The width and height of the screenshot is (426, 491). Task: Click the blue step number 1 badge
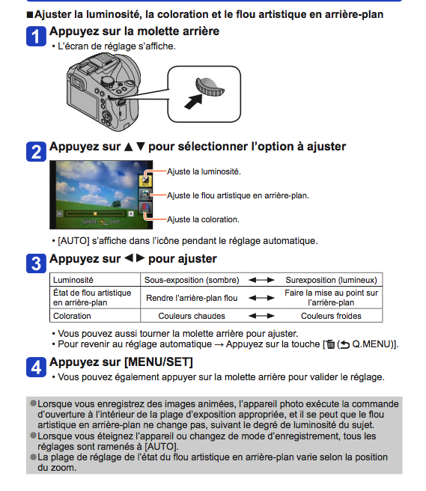tap(36, 37)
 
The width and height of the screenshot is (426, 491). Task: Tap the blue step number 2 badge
tap(36, 152)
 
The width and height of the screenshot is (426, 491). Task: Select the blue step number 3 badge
tap(36, 263)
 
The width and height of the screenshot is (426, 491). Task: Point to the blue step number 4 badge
tap(36, 367)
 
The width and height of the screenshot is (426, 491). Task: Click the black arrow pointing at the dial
tap(193, 102)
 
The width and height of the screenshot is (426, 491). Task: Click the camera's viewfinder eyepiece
tap(77, 82)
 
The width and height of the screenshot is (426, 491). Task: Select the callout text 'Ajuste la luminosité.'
tap(204, 171)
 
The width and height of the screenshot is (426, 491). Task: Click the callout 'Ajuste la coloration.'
tap(204, 219)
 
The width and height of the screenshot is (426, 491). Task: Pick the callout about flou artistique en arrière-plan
tap(238, 195)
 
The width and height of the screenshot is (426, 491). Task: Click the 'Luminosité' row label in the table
tap(73, 280)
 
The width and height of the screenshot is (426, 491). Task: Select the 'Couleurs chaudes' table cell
tap(192, 316)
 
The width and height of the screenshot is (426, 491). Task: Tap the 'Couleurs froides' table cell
tap(331, 316)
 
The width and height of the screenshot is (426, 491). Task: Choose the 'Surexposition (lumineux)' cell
tap(331, 280)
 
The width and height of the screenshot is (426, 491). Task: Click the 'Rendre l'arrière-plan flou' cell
tap(192, 298)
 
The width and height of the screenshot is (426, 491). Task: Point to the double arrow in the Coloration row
tap(261, 316)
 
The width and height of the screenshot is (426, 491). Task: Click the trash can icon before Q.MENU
tap(331, 344)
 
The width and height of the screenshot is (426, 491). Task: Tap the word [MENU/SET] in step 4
tap(159, 362)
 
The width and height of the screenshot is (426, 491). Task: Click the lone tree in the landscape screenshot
tap(117, 204)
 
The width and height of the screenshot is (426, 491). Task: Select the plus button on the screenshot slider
tap(131, 213)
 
